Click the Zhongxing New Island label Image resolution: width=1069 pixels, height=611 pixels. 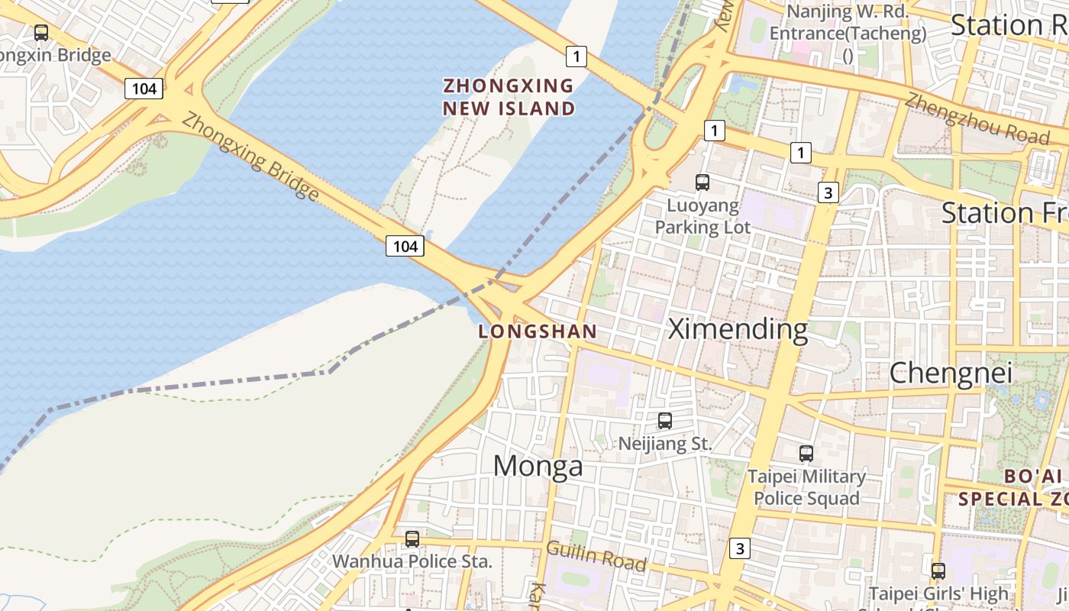(509, 97)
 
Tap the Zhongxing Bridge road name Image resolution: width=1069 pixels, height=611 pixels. (250, 157)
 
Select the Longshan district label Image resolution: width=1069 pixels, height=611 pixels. (538, 331)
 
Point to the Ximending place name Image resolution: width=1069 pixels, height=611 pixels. (738, 329)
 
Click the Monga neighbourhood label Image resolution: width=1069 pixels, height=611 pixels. (538, 466)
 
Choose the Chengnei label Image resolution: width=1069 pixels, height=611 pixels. (951, 373)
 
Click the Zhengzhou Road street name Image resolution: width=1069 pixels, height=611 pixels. (977, 118)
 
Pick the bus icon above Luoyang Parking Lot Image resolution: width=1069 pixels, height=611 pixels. (702, 183)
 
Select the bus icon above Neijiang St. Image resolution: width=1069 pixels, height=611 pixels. (665, 421)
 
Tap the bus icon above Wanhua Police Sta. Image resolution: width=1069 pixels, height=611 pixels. (412, 539)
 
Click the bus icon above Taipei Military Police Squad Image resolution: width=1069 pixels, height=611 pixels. (806, 454)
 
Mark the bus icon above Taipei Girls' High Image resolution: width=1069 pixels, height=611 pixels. (938, 571)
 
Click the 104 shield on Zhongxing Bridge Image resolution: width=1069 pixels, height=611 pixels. (405, 246)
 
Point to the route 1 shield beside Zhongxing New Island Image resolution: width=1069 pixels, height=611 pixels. (576, 56)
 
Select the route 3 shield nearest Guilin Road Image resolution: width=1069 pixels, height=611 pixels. (739, 548)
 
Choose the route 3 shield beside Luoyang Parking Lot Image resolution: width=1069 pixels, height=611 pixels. (828, 192)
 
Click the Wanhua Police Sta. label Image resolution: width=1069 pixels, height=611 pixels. (412, 561)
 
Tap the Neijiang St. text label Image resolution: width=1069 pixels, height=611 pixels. (665, 443)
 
